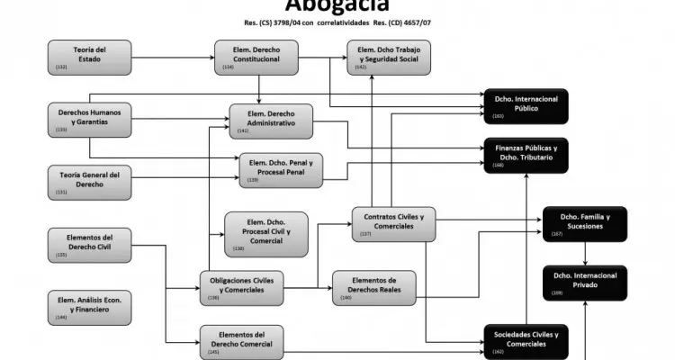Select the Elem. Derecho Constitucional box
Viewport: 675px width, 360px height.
[x=260, y=57]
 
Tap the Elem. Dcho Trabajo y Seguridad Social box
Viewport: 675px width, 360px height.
[x=389, y=57]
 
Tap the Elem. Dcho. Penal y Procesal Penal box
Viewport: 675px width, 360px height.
[x=282, y=170]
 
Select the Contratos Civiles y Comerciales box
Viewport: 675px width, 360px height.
[x=393, y=223]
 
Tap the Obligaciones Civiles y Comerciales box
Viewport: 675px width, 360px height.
[x=241, y=286]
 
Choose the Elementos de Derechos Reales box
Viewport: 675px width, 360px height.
[x=373, y=286]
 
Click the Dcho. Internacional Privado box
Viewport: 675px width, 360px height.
[x=584, y=283]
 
